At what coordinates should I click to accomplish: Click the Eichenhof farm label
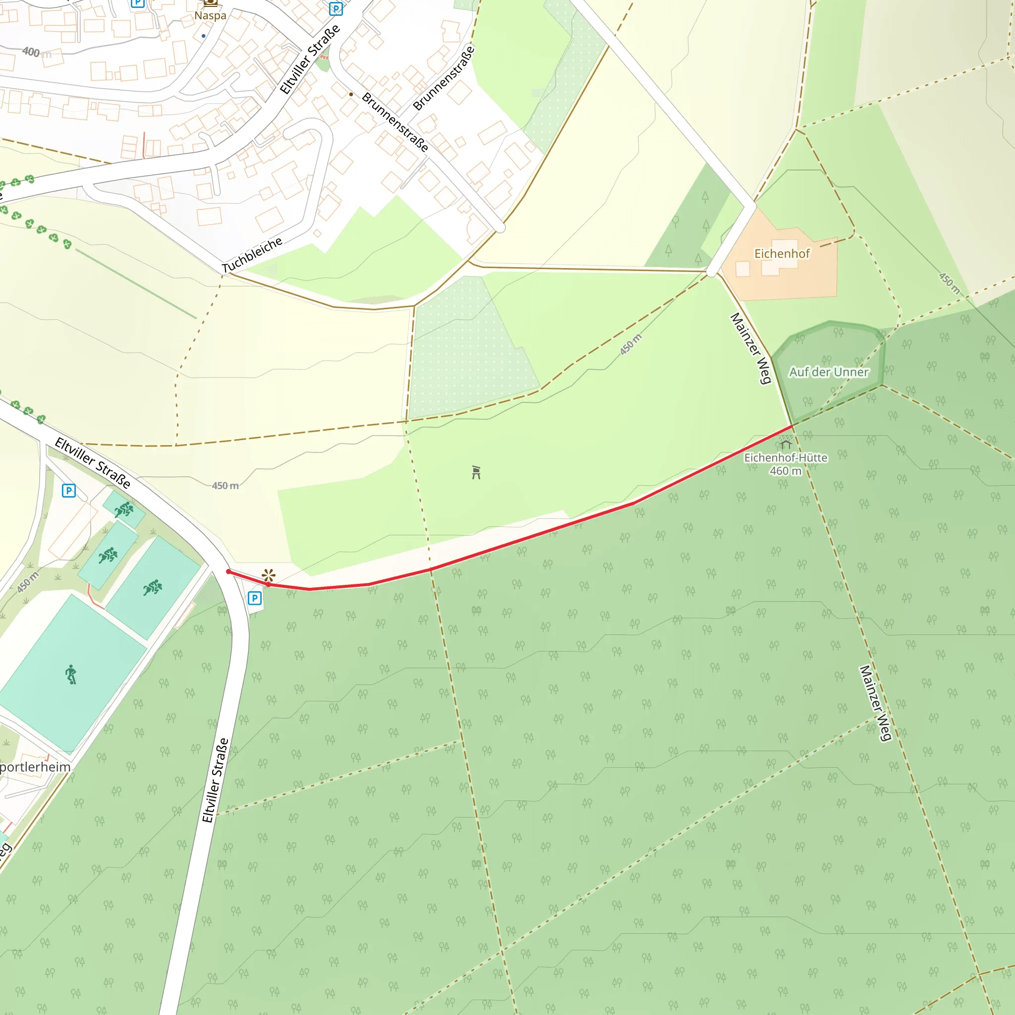[x=782, y=254]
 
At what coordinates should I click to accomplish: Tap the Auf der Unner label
[x=829, y=372]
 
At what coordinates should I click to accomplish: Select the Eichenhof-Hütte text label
[x=786, y=457]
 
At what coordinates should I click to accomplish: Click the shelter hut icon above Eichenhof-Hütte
[x=786, y=444]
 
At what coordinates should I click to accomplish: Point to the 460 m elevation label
[x=786, y=471]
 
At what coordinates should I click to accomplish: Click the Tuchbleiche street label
[x=252, y=255]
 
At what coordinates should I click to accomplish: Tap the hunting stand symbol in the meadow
[x=476, y=472]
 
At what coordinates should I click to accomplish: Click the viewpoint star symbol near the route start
[x=269, y=575]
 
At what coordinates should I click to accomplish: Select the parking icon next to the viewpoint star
[x=255, y=598]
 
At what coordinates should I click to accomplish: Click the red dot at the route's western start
[x=228, y=571]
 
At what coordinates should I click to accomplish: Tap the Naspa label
[x=210, y=15]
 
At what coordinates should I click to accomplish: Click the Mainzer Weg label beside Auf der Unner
[x=751, y=348]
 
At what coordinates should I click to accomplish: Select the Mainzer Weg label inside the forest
[x=875, y=703]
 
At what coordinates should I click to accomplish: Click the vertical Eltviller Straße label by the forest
[x=216, y=780]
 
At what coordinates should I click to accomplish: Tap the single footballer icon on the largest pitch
[x=71, y=674]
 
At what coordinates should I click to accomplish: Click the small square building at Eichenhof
[x=742, y=269]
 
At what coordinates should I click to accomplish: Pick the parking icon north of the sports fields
[x=69, y=491]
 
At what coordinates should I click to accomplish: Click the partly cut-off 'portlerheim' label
[x=35, y=767]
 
